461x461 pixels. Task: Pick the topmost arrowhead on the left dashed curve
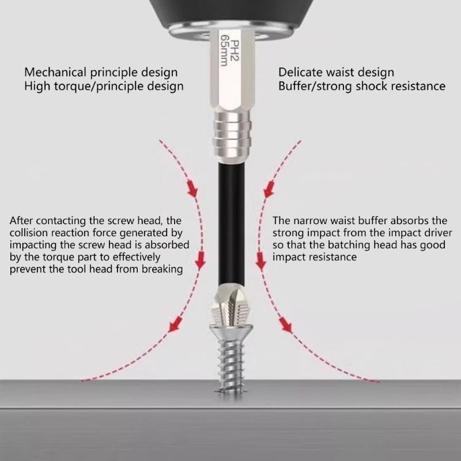(193, 191)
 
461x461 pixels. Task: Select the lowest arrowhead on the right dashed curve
(285, 327)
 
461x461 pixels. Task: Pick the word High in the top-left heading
(36, 86)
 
